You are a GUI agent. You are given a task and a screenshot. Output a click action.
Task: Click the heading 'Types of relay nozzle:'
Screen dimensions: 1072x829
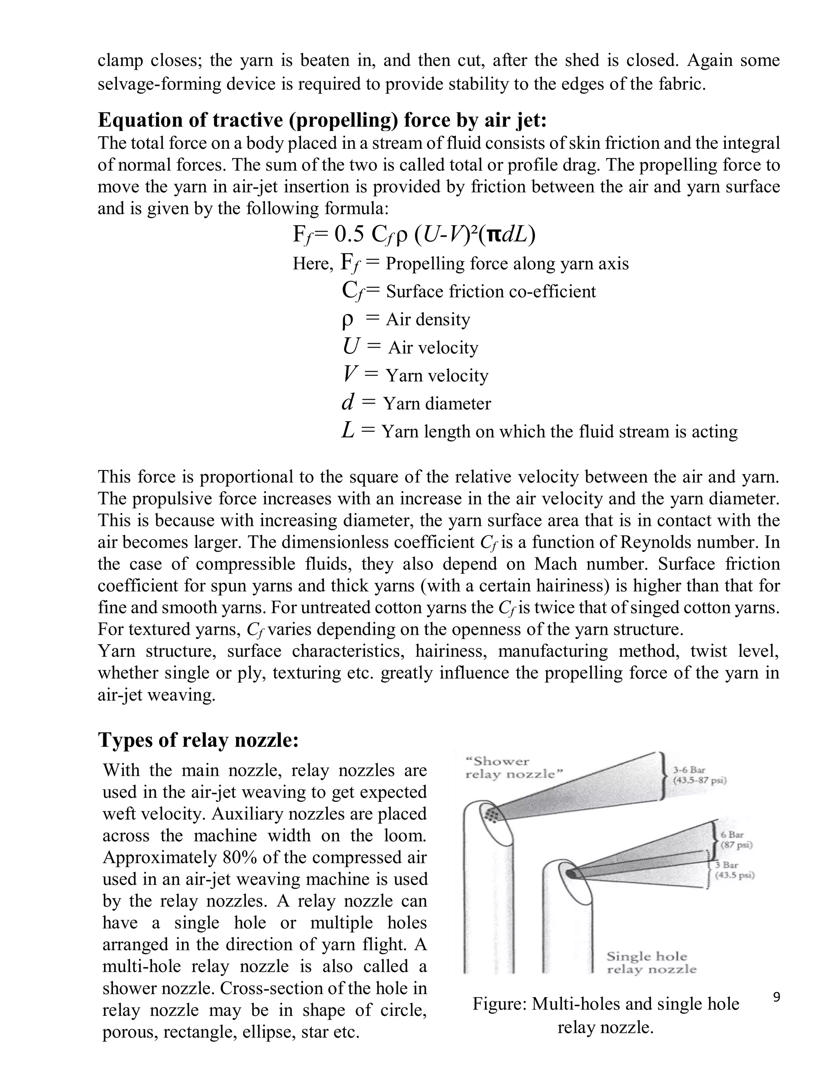click(x=198, y=740)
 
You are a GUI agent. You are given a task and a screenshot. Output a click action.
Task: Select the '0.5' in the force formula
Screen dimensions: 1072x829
click(x=349, y=235)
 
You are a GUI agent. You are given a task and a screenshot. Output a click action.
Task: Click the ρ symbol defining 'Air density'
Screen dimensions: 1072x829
click(x=347, y=320)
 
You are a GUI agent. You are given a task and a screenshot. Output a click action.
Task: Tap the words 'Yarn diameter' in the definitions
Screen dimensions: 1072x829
click(x=437, y=403)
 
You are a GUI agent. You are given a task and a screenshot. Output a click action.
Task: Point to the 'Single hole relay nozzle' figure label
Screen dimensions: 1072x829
click(x=651, y=962)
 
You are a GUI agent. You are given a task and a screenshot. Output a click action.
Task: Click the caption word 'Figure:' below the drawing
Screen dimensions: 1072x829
click(x=500, y=1004)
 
